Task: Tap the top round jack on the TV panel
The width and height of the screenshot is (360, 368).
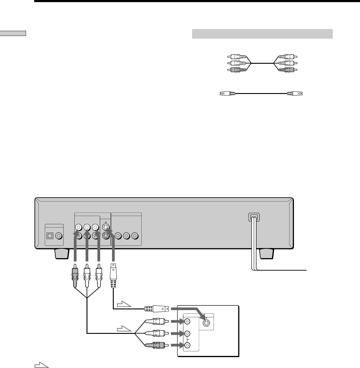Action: tap(188, 321)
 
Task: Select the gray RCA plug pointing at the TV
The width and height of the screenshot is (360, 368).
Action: tap(155, 345)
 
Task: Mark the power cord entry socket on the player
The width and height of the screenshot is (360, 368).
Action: tap(254, 217)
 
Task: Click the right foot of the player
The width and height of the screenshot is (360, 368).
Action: tap(267, 253)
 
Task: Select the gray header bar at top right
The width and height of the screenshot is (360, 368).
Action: tap(262, 34)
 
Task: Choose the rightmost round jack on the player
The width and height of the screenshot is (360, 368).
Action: tap(135, 235)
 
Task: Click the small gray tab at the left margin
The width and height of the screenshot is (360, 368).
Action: tap(13, 33)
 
